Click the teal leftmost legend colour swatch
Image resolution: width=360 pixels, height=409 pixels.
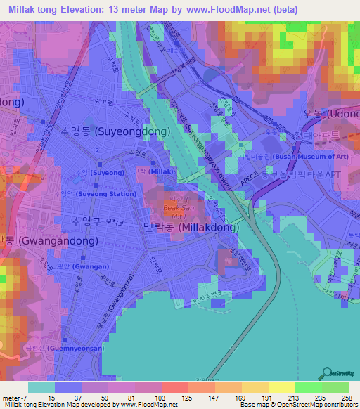tap(41, 387)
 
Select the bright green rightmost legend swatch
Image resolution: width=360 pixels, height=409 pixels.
tap(335, 387)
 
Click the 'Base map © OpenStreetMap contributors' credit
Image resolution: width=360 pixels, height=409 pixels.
tap(297, 405)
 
